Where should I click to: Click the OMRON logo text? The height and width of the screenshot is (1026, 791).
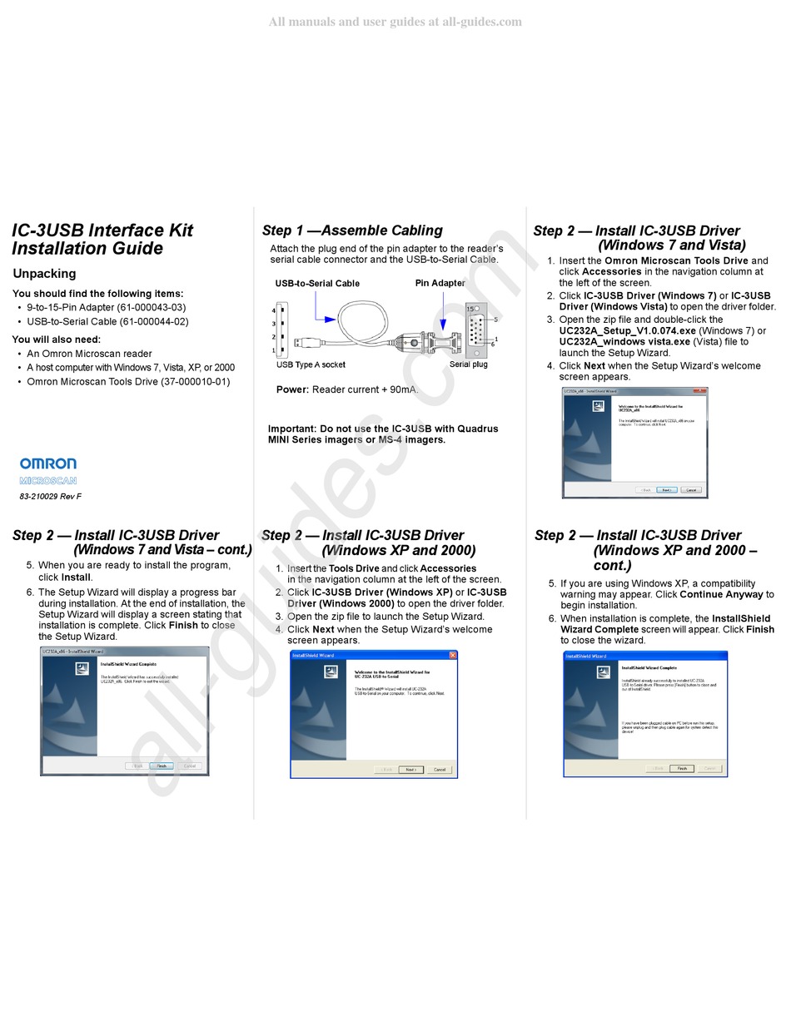[48, 463]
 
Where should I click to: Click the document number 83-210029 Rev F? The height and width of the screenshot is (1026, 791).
[51, 497]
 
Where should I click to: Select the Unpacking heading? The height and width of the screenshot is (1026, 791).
[44, 274]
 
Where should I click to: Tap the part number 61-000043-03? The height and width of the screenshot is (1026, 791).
[151, 307]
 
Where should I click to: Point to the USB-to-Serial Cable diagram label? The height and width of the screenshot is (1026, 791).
[317, 283]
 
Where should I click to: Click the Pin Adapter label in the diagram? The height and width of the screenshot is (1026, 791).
[440, 283]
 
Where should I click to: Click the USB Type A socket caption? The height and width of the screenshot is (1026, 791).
[311, 364]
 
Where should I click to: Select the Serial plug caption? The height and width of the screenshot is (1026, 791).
[468, 364]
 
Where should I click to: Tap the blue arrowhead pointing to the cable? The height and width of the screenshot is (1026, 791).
[331, 319]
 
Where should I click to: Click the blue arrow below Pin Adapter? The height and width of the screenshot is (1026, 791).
[443, 325]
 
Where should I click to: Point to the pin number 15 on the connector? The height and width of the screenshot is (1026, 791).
[470, 309]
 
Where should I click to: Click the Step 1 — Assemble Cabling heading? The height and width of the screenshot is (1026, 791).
[352, 230]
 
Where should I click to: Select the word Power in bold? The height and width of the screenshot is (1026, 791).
[292, 389]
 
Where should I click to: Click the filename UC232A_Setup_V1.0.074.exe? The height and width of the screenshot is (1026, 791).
[627, 330]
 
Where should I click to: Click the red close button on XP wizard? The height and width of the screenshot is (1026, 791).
[453, 656]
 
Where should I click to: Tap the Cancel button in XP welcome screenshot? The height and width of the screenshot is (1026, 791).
[440, 770]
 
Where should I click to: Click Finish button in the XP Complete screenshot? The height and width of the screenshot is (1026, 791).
[682, 769]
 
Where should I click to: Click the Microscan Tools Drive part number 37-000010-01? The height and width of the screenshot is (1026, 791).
[195, 382]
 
